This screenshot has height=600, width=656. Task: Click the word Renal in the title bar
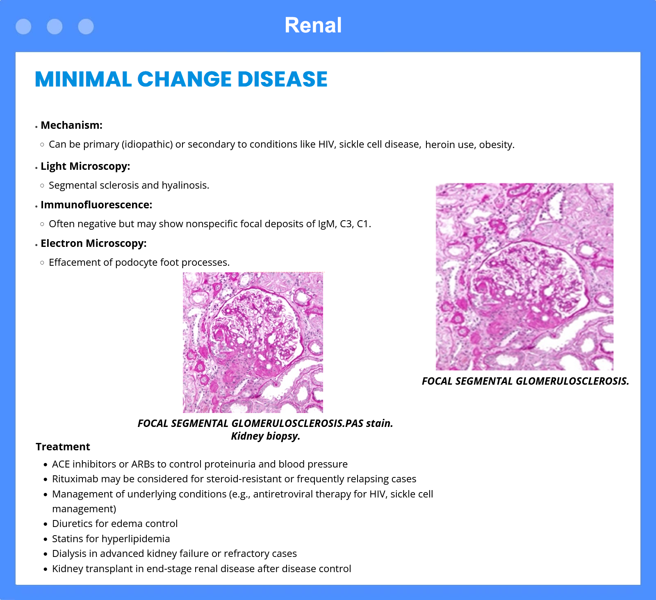click(313, 25)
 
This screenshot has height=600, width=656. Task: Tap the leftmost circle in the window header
click(23, 27)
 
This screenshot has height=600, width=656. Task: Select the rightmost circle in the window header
click(86, 27)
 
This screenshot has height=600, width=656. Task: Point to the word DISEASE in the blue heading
click(282, 79)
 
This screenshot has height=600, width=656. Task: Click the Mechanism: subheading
click(71, 125)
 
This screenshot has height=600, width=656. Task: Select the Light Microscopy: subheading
click(85, 166)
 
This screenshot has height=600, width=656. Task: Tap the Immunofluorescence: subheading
click(96, 205)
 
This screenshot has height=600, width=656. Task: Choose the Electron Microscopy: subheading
click(93, 243)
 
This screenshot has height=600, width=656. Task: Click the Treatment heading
click(63, 447)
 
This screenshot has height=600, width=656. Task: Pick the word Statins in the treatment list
click(67, 539)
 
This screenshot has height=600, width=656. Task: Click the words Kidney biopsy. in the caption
click(266, 436)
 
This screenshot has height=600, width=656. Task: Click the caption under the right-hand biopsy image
click(525, 381)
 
